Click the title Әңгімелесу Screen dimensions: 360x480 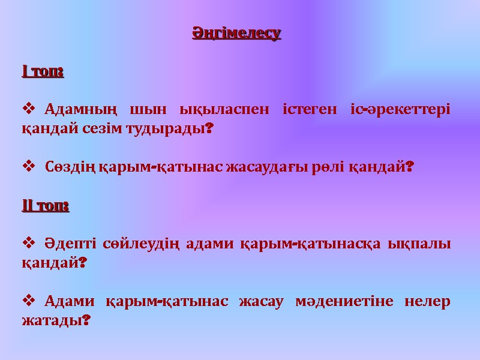click(236, 33)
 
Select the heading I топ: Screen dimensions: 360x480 click(43, 72)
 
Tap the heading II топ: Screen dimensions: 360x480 click(46, 206)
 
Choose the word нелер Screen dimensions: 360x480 click(428, 301)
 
